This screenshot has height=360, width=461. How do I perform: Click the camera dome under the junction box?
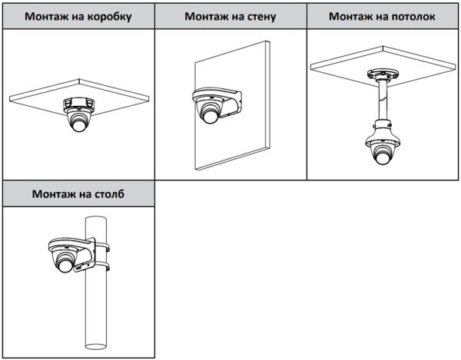coord(80,121)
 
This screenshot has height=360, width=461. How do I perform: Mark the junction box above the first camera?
coord(79,104)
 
